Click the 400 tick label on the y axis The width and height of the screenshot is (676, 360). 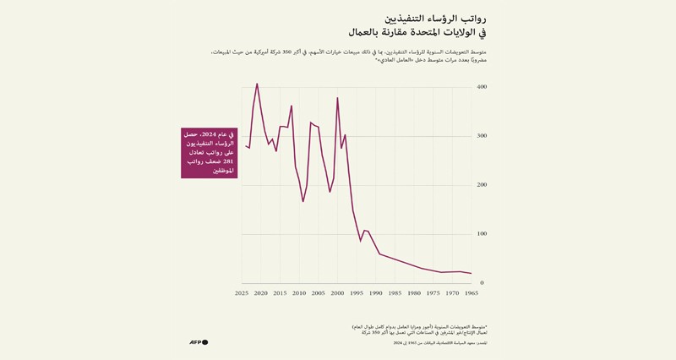tap(482, 87)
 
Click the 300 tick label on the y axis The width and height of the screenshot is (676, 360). tap(482, 136)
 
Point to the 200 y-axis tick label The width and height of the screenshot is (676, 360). tap(482, 185)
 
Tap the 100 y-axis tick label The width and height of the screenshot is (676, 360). tap(482, 234)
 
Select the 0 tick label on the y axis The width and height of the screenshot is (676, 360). tap(482, 283)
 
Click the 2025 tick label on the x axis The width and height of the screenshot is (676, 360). tap(242, 293)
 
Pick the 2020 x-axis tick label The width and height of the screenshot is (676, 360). tap(261, 293)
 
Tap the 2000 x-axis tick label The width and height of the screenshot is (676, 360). tap(337, 293)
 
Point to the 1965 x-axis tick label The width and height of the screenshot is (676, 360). tap(471, 293)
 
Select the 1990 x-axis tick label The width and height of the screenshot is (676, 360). tap(376, 293)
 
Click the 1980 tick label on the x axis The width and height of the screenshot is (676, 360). tap(414, 293)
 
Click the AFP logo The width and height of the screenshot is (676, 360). tap(199, 342)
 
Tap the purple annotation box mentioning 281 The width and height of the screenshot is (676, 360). tap(209, 153)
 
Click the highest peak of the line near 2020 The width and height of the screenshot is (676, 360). tap(257, 84)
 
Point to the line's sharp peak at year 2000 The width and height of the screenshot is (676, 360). tap(337, 98)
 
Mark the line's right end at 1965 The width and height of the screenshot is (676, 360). tap(471, 273)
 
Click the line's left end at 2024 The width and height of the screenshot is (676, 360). tap(246, 146)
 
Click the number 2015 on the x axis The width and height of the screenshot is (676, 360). tap(280, 293)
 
